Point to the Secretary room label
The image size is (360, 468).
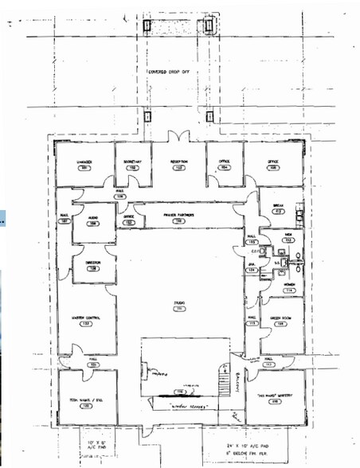[x=131, y=163]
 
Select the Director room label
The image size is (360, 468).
[x=92, y=266]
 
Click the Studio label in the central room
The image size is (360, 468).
[x=179, y=304]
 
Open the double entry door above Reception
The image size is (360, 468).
[x=179, y=136]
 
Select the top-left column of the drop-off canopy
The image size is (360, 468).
[x=149, y=25]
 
